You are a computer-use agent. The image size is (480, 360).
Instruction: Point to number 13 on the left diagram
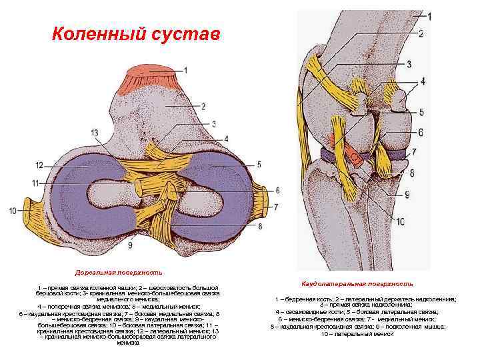[x=95, y=133]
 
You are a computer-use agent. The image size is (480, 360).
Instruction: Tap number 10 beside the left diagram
[x=13, y=211]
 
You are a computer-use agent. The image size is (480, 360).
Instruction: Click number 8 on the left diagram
[x=259, y=226]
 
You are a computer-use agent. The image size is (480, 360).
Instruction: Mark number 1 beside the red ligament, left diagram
[x=185, y=69]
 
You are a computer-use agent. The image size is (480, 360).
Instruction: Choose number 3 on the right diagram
[x=427, y=64]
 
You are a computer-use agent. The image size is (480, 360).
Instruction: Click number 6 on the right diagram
[x=421, y=131]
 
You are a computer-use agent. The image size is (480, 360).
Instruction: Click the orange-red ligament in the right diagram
[x=350, y=153]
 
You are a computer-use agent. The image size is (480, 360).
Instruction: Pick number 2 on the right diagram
[x=421, y=33]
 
